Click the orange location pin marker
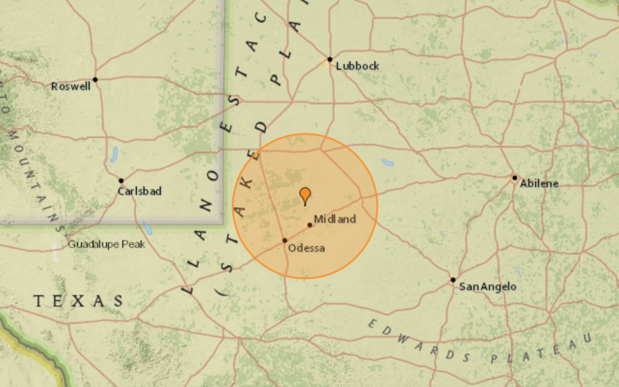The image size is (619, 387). click(305, 195)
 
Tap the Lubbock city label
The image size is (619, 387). click(357, 66)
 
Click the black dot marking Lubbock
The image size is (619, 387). click(330, 59)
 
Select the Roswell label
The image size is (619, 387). click(70, 86)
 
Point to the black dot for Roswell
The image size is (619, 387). click(95, 80)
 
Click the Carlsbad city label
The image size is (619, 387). click(139, 191)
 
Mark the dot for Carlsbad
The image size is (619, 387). click(121, 181)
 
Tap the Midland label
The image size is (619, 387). click(335, 219)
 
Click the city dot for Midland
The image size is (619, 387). click(309, 225)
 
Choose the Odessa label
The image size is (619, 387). click(306, 248)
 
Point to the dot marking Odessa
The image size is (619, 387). click(285, 240)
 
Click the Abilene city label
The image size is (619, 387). click(539, 183)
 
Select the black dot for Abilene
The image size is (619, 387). click(515, 178)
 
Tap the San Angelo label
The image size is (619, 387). click(487, 287)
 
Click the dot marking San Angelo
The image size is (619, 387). click(453, 280)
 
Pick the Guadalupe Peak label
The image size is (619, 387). click(106, 244)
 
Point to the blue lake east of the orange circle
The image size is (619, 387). click(387, 163)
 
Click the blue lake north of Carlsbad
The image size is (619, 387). click(114, 155)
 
